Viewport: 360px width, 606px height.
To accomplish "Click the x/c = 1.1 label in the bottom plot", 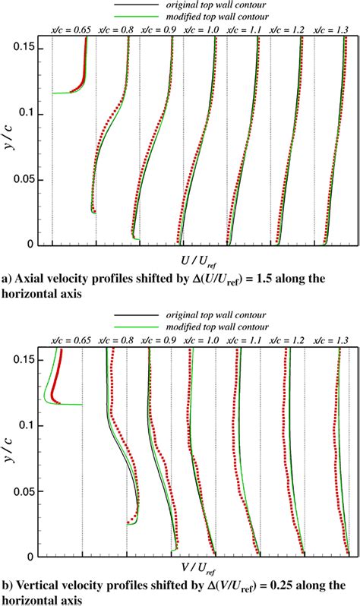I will (246, 339).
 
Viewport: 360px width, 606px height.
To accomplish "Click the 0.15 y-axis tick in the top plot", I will (30, 48).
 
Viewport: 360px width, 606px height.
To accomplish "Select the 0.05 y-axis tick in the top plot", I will (30, 179).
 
